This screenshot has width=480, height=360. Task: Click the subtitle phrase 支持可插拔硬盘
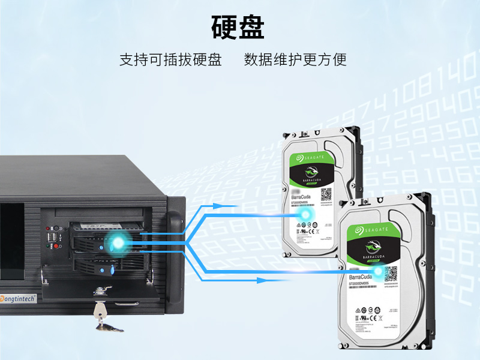[170, 60]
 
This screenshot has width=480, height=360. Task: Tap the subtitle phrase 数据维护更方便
[295, 60]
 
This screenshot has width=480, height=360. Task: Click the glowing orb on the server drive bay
[118, 243]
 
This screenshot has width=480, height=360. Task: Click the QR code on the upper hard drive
[326, 195]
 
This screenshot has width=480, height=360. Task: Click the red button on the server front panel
[49, 245]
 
